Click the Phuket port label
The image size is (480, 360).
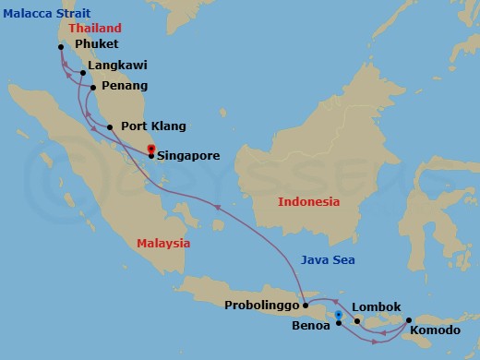point(97,44)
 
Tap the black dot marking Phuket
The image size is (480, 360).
point(60,47)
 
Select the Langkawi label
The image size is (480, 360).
point(118,66)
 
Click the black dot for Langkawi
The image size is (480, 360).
point(83,72)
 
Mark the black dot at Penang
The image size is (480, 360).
point(92,89)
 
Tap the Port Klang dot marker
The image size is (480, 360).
point(109,127)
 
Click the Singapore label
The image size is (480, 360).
point(189,156)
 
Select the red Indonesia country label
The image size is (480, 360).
point(309,201)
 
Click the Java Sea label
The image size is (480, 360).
point(328,260)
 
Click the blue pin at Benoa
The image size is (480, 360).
point(339,316)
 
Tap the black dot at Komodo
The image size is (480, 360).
point(407,321)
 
